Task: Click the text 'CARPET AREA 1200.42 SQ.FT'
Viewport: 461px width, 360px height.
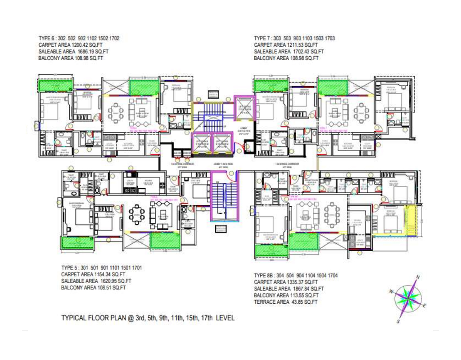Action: pos(70,45)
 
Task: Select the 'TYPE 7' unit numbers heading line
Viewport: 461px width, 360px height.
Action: pos(294,38)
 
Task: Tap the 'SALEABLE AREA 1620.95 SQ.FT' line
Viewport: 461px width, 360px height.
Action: pos(96,281)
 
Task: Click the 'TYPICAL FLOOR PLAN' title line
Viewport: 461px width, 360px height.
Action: pos(148,318)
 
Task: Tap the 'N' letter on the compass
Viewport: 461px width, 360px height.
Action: pos(418,277)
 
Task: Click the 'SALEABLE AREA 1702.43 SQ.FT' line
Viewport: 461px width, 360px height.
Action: pos(289,52)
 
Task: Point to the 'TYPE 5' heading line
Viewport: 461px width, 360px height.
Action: pos(101,267)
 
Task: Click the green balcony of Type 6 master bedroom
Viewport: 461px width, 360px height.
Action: pos(55,85)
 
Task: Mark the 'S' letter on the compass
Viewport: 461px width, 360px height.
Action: pos(398,322)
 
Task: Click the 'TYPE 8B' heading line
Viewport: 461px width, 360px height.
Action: pos(295,275)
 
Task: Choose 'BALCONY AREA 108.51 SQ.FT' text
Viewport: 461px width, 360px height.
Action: pos(93,288)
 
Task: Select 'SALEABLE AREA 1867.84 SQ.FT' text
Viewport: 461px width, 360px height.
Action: pos(289,289)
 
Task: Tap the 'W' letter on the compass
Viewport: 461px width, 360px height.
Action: pos(391,291)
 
